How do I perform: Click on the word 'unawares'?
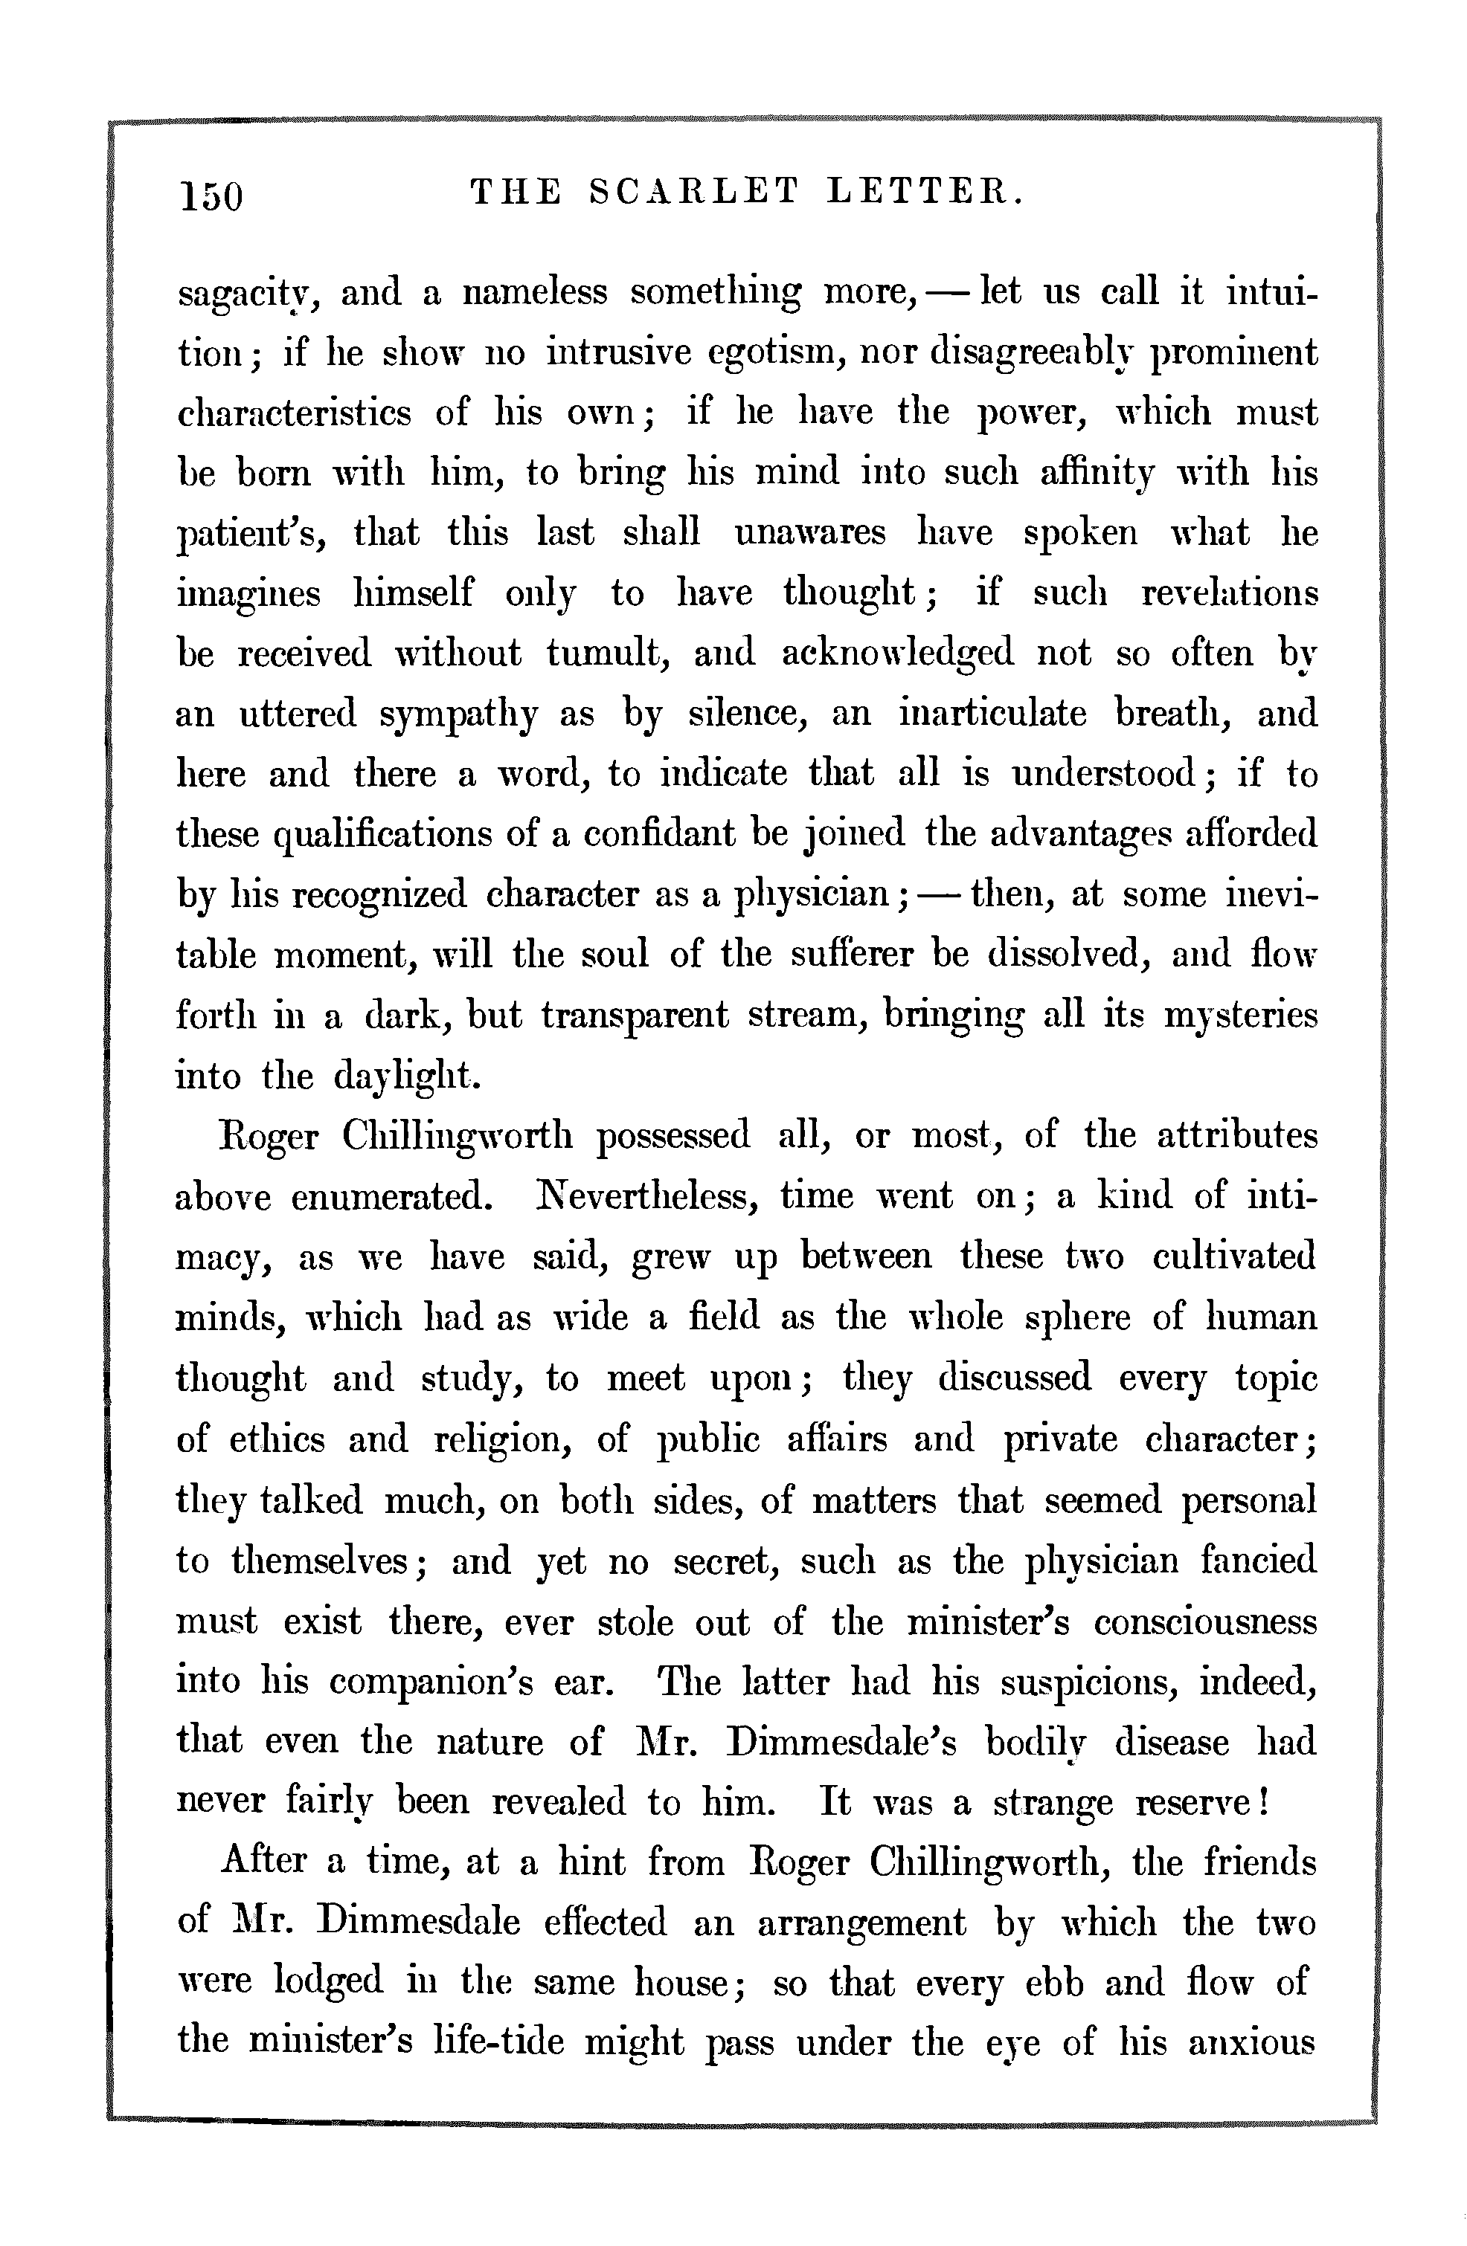[810, 534]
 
